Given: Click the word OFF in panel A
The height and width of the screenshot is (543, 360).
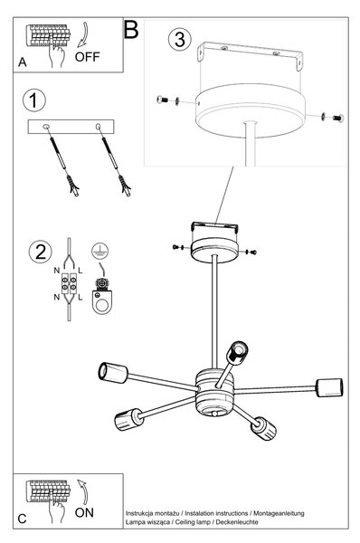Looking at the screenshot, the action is (x=87, y=57).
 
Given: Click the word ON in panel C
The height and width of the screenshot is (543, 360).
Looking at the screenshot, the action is (x=84, y=512).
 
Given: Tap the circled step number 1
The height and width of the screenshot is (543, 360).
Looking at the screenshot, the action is (x=34, y=100).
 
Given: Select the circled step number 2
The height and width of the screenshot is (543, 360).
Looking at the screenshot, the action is (x=40, y=252).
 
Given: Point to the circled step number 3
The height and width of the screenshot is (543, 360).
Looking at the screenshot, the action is (x=180, y=39).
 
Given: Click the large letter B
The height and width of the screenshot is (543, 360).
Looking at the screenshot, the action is (x=131, y=30).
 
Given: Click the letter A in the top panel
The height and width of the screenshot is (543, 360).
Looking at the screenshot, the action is (x=22, y=62).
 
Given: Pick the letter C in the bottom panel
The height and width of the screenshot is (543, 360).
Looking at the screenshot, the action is (x=22, y=519).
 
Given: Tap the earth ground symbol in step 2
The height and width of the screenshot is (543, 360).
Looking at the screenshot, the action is (x=100, y=251).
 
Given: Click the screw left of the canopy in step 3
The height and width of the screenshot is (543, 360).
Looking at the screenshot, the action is (x=162, y=100).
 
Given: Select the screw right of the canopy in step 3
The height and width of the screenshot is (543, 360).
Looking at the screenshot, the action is (x=338, y=118).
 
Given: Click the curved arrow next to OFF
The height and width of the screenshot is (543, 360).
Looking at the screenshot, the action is (x=83, y=35).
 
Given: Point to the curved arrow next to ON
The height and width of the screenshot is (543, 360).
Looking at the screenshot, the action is (x=82, y=491).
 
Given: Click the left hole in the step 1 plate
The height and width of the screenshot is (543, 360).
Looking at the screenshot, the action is (x=46, y=127).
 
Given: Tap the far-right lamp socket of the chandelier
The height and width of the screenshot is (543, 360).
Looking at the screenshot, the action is (x=329, y=388).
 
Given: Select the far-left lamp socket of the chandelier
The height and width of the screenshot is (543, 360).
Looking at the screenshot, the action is (x=113, y=373).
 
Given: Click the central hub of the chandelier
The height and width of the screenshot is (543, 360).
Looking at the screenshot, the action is (x=214, y=392).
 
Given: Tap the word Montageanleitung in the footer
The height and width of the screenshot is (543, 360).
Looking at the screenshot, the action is (x=279, y=513).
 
